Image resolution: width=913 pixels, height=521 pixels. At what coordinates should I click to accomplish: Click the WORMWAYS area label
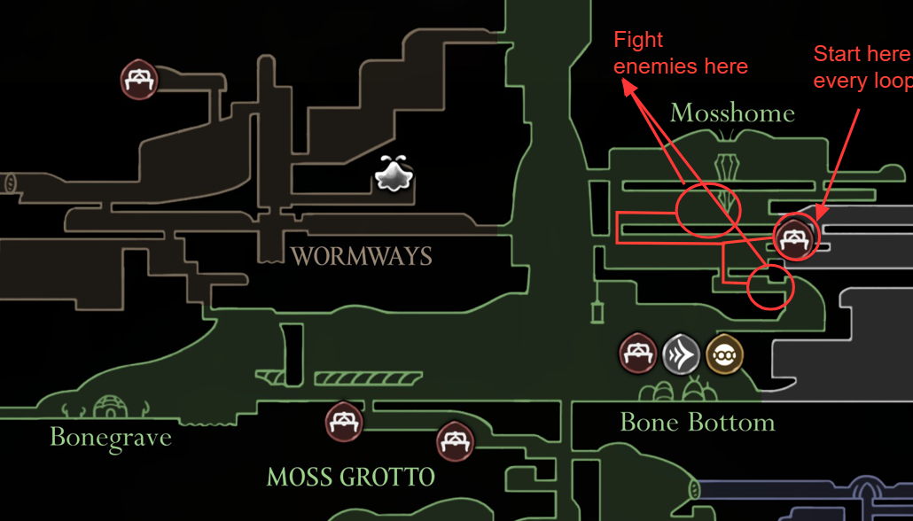pyautogui.click(x=361, y=257)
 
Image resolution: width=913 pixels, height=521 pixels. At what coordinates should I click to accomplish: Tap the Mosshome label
pyautogui.click(x=731, y=113)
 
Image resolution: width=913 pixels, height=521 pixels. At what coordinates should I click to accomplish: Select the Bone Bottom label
pyautogui.click(x=697, y=422)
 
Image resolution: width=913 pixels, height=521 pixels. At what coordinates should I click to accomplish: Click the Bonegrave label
pyautogui.click(x=110, y=436)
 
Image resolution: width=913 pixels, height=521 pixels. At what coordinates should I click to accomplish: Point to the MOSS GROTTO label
pyautogui.click(x=350, y=478)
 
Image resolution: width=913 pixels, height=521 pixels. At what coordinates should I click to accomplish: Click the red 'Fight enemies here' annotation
pyautogui.click(x=680, y=53)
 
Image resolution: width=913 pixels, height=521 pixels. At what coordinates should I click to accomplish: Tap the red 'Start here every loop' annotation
pyautogui.click(x=862, y=67)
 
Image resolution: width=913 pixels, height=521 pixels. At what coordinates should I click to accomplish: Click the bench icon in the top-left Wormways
pyautogui.click(x=138, y=81)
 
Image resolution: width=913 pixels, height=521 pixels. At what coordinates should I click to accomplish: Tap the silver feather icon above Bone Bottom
pyautogui.click(x=681, y=355)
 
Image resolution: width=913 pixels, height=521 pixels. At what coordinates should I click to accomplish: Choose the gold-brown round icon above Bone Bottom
pyautogui.click(x=724, y=355)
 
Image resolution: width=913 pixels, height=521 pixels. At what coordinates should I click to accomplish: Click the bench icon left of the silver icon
pyautogui.click(x=637, y=354)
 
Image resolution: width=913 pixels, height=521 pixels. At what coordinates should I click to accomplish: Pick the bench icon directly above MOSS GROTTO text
pyautogui.click(x=455, y=439)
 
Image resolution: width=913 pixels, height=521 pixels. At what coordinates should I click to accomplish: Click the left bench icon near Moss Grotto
pyautogui.click(x=343, y=422)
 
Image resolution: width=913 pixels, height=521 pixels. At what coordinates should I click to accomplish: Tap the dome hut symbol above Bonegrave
pyautogui.click(x=111, y=408)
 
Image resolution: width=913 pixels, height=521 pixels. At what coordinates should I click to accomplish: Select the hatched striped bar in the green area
pyautogui.click(x=365, y=378)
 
